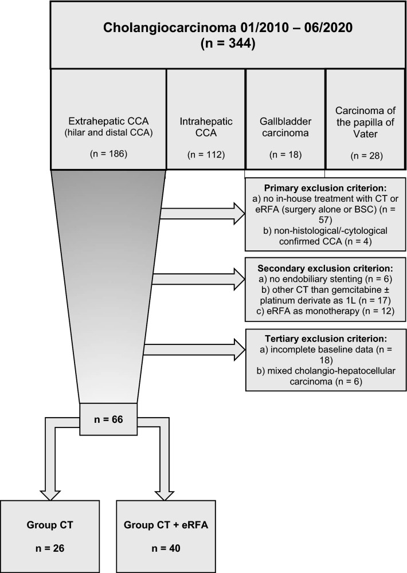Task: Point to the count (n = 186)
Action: [108, 154]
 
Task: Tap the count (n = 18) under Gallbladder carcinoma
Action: [285, 154]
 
